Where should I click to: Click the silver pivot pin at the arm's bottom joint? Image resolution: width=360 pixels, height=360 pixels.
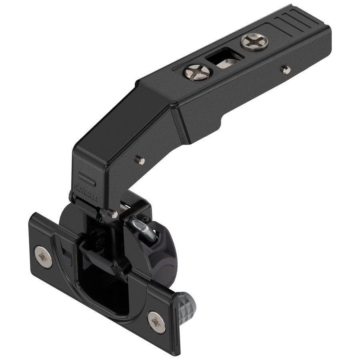click(x=114, y=214)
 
